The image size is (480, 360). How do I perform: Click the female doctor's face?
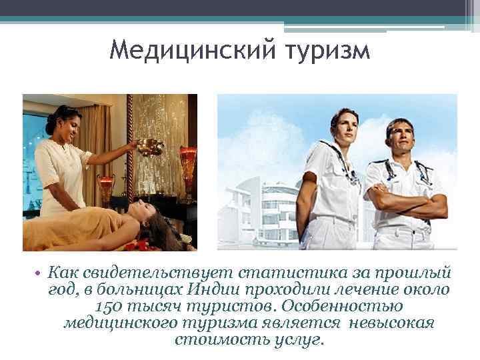(335, 125)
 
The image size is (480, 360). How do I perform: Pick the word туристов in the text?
(234, 307)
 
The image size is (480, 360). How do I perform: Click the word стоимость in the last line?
(212, 339)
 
